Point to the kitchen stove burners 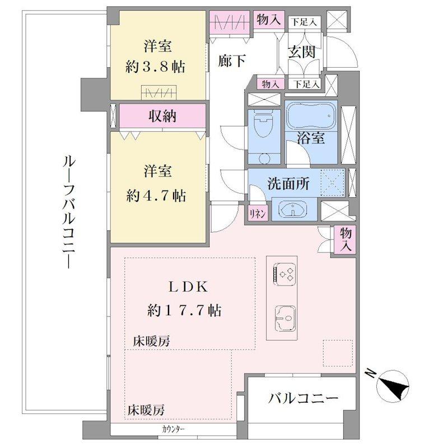pos(286,274)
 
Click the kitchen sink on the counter pos(286,319)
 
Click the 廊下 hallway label pos(231,61)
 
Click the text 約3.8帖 pos(155,67)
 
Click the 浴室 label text pos(311,139)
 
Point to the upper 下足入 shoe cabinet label pos(303,22)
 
